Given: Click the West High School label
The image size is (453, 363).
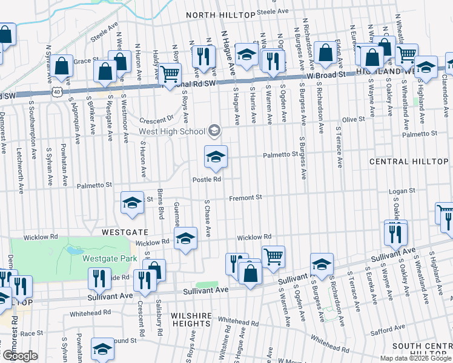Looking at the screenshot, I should (x=172, y=131).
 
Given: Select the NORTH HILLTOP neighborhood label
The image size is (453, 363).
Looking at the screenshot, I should (x=220, y=15).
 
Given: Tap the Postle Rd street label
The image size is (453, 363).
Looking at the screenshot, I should (x=207, y=179).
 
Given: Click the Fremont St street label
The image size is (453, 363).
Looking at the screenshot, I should (x=245, y=197).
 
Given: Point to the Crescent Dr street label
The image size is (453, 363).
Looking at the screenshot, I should (x=156, y=119).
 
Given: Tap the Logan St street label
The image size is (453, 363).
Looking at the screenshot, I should (x=402, y=191).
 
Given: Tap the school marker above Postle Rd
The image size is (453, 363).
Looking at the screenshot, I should (x=215, y=158).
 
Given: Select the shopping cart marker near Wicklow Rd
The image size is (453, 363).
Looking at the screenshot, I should (x=273, y=257).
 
